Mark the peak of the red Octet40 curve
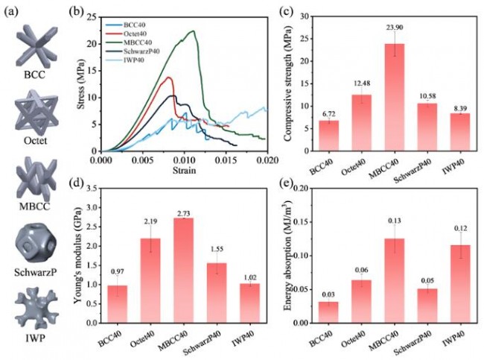(x=170, y=78)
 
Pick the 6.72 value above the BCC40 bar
(x=328, y=114)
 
